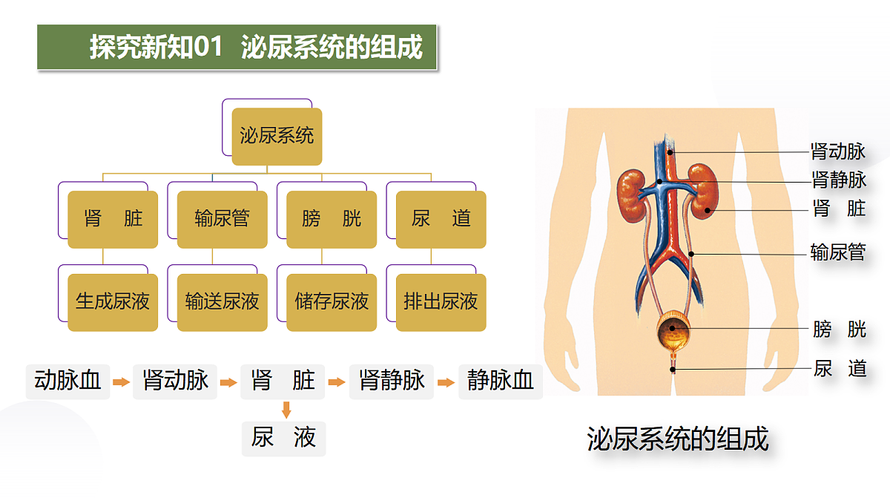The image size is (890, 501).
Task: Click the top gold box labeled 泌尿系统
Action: [x=277, y=137]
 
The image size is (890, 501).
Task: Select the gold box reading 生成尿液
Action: [x=113, y=302]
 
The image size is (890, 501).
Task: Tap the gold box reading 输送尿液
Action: [x=222, y=302]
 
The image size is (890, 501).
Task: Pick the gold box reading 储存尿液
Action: [x=332, y=302]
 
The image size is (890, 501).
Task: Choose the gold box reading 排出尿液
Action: [x=441, y=302]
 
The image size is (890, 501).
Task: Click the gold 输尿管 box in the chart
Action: [x=222, y=220]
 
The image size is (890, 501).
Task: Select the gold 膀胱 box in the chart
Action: [x=332, y=220]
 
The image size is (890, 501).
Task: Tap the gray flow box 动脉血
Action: [x=67, y=382]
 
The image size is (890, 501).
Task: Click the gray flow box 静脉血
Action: [x=501, y=382]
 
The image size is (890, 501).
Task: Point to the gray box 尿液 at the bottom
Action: [x=283, y=439]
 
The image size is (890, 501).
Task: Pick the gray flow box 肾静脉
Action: [x=392, y=382]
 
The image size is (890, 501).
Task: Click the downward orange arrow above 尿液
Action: [x=286, y=410]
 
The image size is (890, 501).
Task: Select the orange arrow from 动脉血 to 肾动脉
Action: [x=121, y=382]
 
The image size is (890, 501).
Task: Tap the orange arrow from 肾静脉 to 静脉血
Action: [x=446, y=382]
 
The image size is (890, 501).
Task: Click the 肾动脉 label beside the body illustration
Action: [x=838, y=151]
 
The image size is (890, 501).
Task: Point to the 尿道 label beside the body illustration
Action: [x=840, y=368]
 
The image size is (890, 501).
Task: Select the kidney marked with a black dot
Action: [x=703, y=191]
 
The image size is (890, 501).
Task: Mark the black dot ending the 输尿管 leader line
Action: [x=691, y=254]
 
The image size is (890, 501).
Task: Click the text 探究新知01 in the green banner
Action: [x=156, y=47]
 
